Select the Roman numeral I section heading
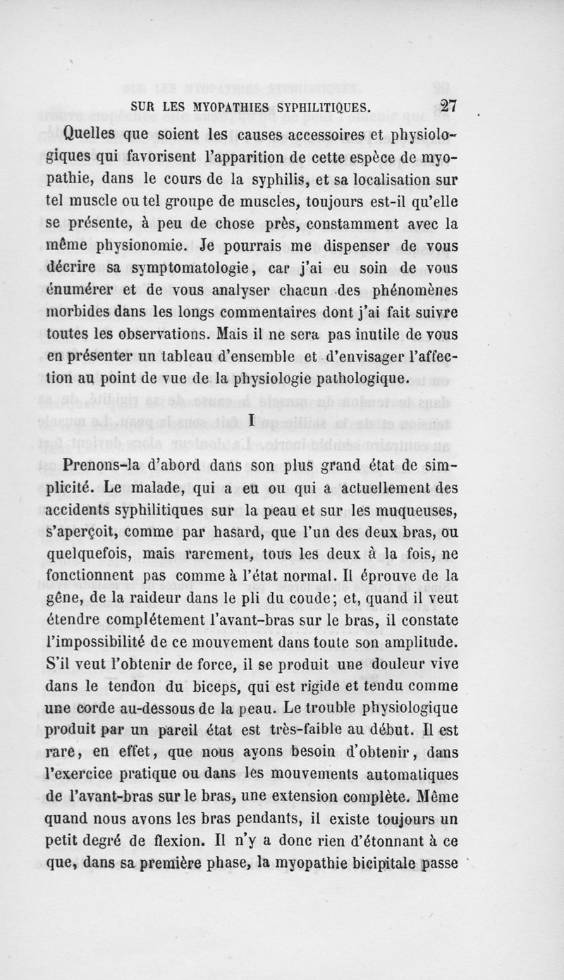coord(251,421)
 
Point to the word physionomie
coord(145,247)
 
